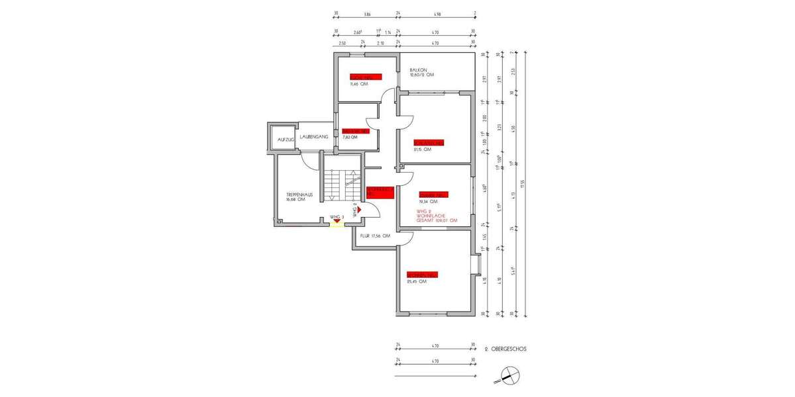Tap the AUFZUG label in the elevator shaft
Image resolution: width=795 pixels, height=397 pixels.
[x=286, y=140]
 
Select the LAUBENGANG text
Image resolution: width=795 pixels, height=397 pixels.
[x=314, y=136]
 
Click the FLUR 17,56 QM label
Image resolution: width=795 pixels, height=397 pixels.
[x=375, y=236]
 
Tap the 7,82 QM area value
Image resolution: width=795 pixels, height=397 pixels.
[x=350, y=137]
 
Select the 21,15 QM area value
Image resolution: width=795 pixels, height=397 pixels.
[x=422, y=150]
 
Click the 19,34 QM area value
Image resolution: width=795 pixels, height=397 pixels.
[x=428, y=201]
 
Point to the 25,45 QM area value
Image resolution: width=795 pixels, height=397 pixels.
[x=417, y=281]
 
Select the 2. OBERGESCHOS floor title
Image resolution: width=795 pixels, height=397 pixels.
[x=505, y=348]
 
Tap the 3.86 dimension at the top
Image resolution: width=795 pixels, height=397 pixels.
[x=367, y=13]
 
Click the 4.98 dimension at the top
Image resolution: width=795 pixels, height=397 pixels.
[x=436, y=13]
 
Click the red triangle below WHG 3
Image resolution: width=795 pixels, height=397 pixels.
[x=337, y=223]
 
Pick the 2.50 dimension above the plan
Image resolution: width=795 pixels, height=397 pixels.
[x=342, y=43]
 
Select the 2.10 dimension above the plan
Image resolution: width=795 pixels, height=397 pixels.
[x=380, y=43]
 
